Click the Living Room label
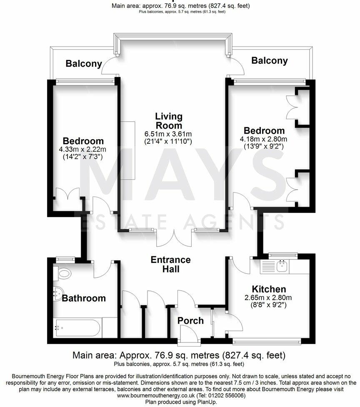pyautogui.click(x=169, y=121)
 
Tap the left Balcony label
pyautogui.click(x=84, y=64)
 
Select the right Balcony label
pyautogui.click(x=270, y=61)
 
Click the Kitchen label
pyautogui.click(x=269, y=289)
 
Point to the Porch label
pyautogui.click(x=190, y=321)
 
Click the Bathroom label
pyautogui.click(x=84, y=298)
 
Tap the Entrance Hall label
pyautogui.click(x=171, y=265)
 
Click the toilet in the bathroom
pyautogui.click(x=64, y=274)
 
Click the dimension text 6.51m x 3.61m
pyautogui.click(x=168, y=134)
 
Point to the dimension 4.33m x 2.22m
pyautogui.click(x=82, y=149)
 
